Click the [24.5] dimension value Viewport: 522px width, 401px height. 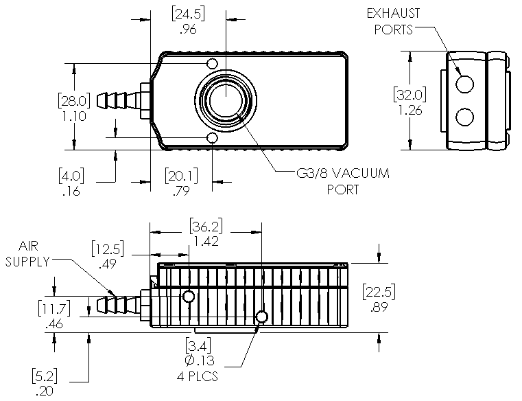click(x=188, y=14)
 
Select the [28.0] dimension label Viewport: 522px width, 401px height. click(x=73, y=100)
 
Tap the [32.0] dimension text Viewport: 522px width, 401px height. click(x=410, y=94)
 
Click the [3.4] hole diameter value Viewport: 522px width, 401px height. click(x=201, y=344)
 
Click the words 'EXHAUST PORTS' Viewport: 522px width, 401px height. click(x=393, y=21)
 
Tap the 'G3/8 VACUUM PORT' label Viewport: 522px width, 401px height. click(x=341, y=181)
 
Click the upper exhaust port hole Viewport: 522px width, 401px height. click(x=464, y=84)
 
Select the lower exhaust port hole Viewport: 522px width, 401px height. click(x=464, y=117)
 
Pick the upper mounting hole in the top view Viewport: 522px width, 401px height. click(x=213, y=64)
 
